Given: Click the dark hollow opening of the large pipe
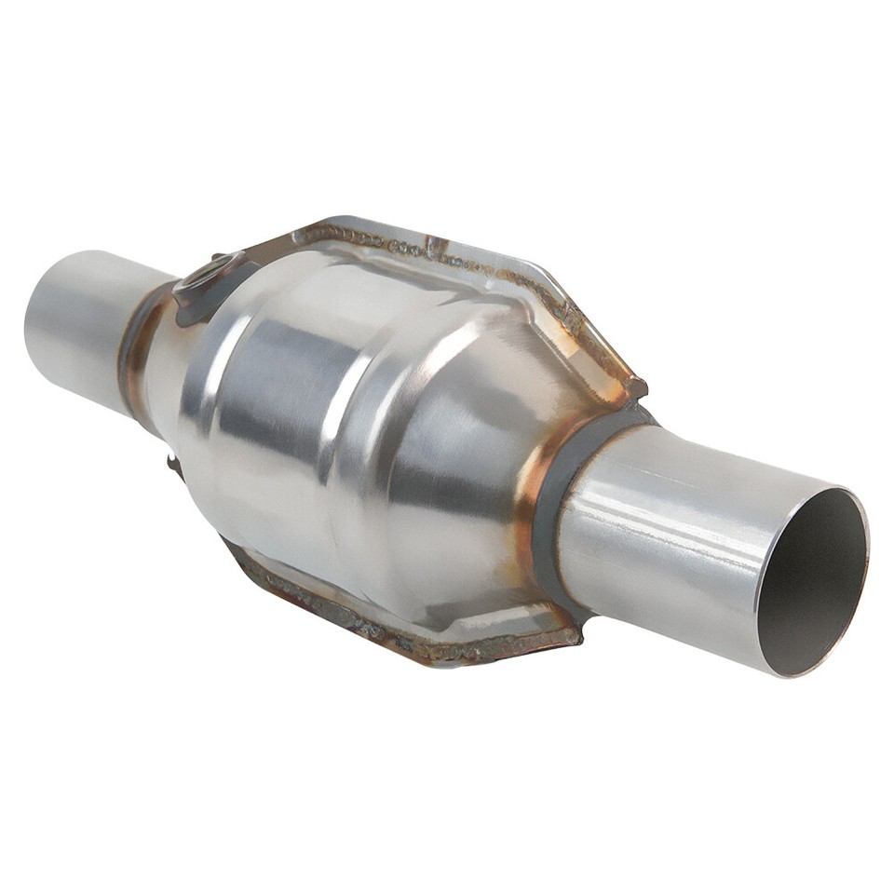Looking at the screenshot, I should click(x=810, y=582).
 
